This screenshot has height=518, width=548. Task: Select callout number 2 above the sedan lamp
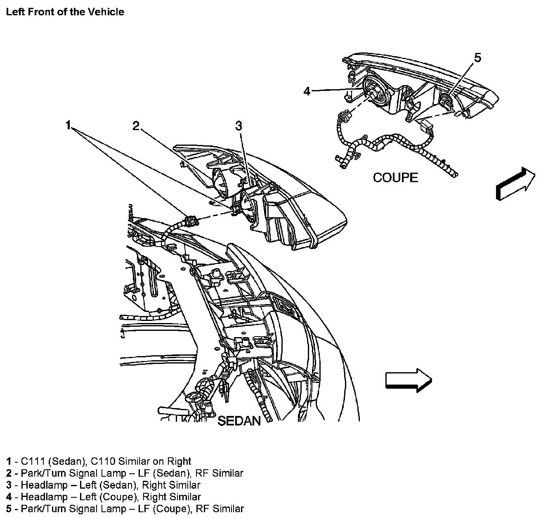136,126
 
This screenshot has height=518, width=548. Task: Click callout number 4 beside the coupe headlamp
307,91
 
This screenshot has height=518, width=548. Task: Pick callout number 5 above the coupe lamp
477,58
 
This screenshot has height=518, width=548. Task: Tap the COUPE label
395,178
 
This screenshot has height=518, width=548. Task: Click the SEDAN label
239,421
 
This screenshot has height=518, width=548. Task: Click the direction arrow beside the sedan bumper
408,380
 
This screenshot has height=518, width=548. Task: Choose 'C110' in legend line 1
105,461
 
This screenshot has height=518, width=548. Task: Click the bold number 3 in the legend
9,485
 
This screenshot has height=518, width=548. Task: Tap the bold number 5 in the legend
9,509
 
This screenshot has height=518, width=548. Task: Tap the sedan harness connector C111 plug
191,220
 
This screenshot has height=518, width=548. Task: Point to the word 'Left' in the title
14,12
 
